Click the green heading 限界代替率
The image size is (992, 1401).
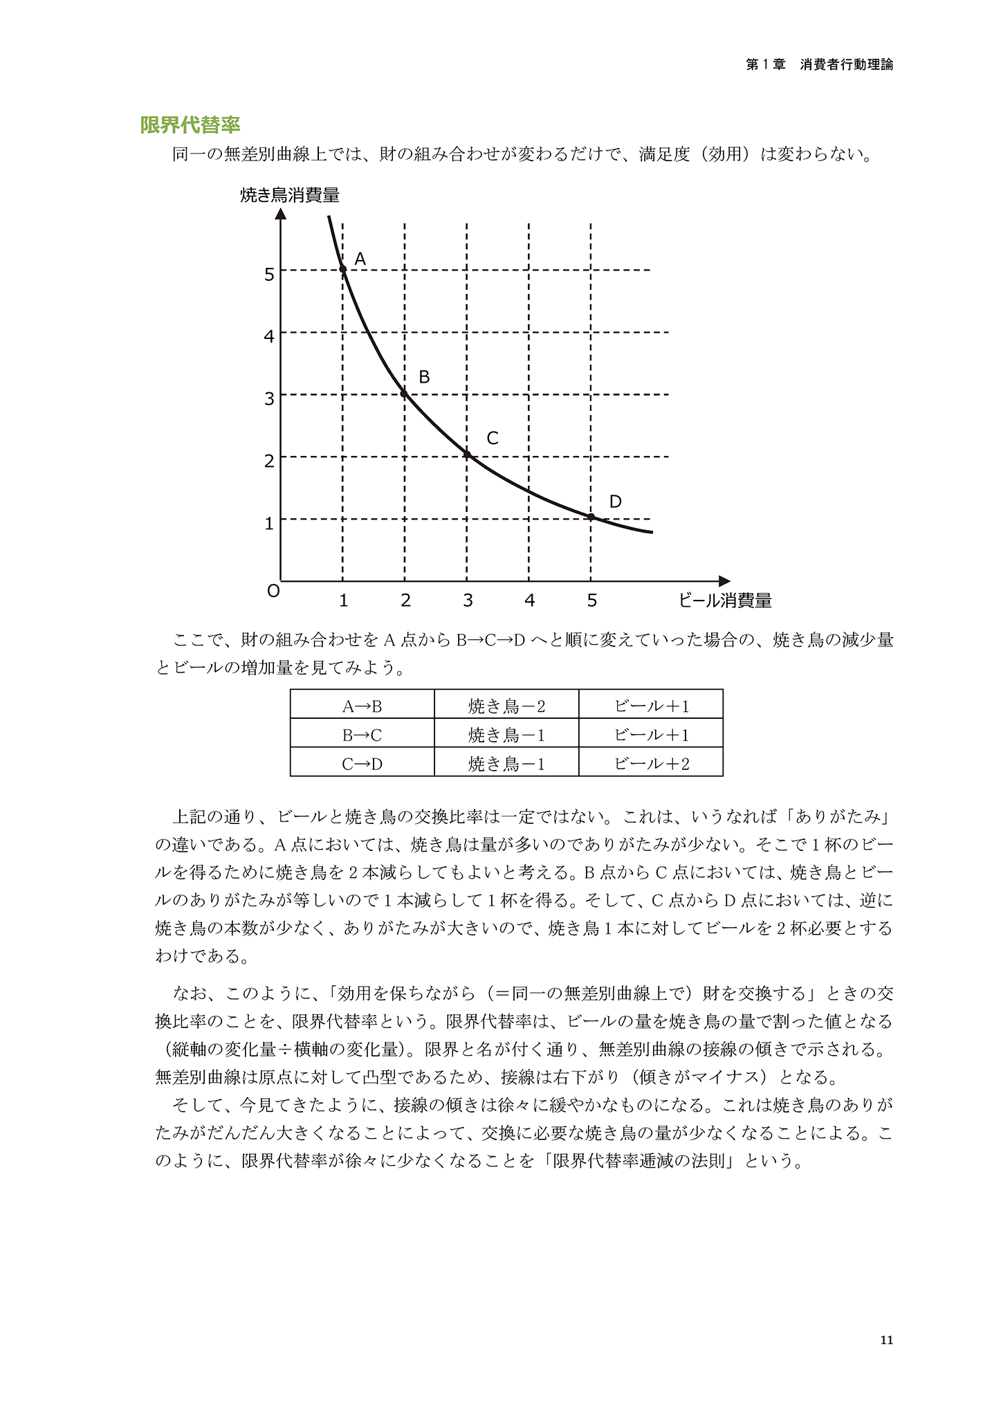[x=190, y=125]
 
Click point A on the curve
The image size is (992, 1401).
[x=342, y=269]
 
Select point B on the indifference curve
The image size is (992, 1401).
[x=405, y=394]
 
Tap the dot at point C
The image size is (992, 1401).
[x=467, y=455]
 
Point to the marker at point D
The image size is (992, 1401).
[x=591, y=517]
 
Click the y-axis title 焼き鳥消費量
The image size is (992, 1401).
[x=290, y=195]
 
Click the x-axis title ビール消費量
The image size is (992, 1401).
[x=725, y=601]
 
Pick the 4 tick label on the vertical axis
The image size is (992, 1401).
[x=269, y=337]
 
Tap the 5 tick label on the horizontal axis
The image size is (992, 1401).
[x=591, y=601]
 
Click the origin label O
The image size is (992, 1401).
[x=273, y=592]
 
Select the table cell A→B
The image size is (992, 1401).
[x=362, y=706]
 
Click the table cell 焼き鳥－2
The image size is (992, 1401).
[x=506, y=706]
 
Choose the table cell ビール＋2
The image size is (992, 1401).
[x=651, y=764]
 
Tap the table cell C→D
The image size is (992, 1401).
[x=362, y=764]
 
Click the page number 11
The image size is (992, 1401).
[x=886, y=1341]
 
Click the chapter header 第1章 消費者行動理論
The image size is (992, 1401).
[x=819, y=64]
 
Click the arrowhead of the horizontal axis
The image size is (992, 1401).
[x=725, y=581]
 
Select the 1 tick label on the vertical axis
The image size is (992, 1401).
[x=269, y=524]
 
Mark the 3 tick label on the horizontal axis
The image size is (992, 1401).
[x=468, y=601]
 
